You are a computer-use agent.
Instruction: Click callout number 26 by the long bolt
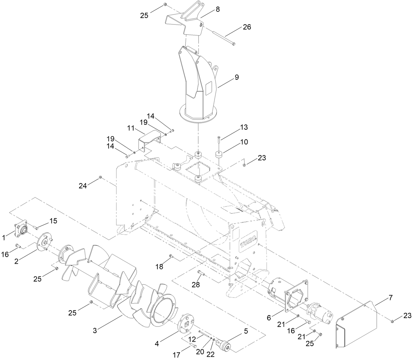coord(247,27)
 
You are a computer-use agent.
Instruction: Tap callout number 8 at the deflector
coord(217,10)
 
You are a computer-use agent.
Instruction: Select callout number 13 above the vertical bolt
coord(244,127)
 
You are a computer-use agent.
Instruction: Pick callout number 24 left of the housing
coord(83,186)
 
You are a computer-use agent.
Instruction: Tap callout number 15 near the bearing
coord(53,221)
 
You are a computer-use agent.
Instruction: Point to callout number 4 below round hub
coord(157,344)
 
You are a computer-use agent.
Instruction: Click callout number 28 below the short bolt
coord(196,285)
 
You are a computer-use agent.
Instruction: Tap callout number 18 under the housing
coord(159,267)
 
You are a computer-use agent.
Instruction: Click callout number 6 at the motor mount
coord(269,317)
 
